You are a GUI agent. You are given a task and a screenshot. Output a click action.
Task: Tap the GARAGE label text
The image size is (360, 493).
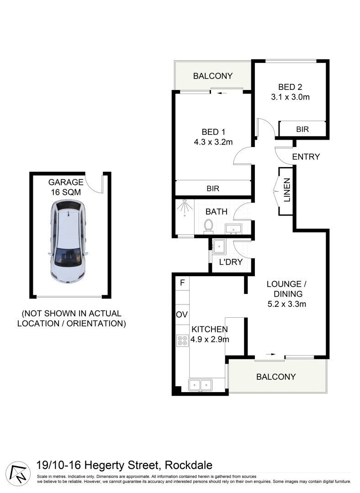coord(66,182)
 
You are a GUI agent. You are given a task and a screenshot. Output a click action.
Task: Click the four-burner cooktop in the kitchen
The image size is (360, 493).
coord(182,340)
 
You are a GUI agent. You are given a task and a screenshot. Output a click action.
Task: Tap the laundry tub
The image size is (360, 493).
coord(219,246)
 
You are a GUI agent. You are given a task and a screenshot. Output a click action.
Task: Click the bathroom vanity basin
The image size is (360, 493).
coord(237,228)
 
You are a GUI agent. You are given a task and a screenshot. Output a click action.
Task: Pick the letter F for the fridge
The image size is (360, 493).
coord(182,283)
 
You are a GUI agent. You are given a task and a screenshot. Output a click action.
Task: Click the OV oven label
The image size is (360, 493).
coord(181,315)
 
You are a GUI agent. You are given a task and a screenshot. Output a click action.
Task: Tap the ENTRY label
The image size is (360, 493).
coord(306,157)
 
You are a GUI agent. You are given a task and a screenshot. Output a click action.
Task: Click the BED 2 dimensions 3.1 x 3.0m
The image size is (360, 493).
coord(290,97)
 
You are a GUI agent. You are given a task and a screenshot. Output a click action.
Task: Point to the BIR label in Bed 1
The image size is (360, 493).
coord(213,188)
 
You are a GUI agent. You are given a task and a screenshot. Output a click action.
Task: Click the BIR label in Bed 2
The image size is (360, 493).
coord(302,129)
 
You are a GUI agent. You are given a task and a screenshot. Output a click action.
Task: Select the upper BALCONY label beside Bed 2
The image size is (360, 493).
coord(212,76)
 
